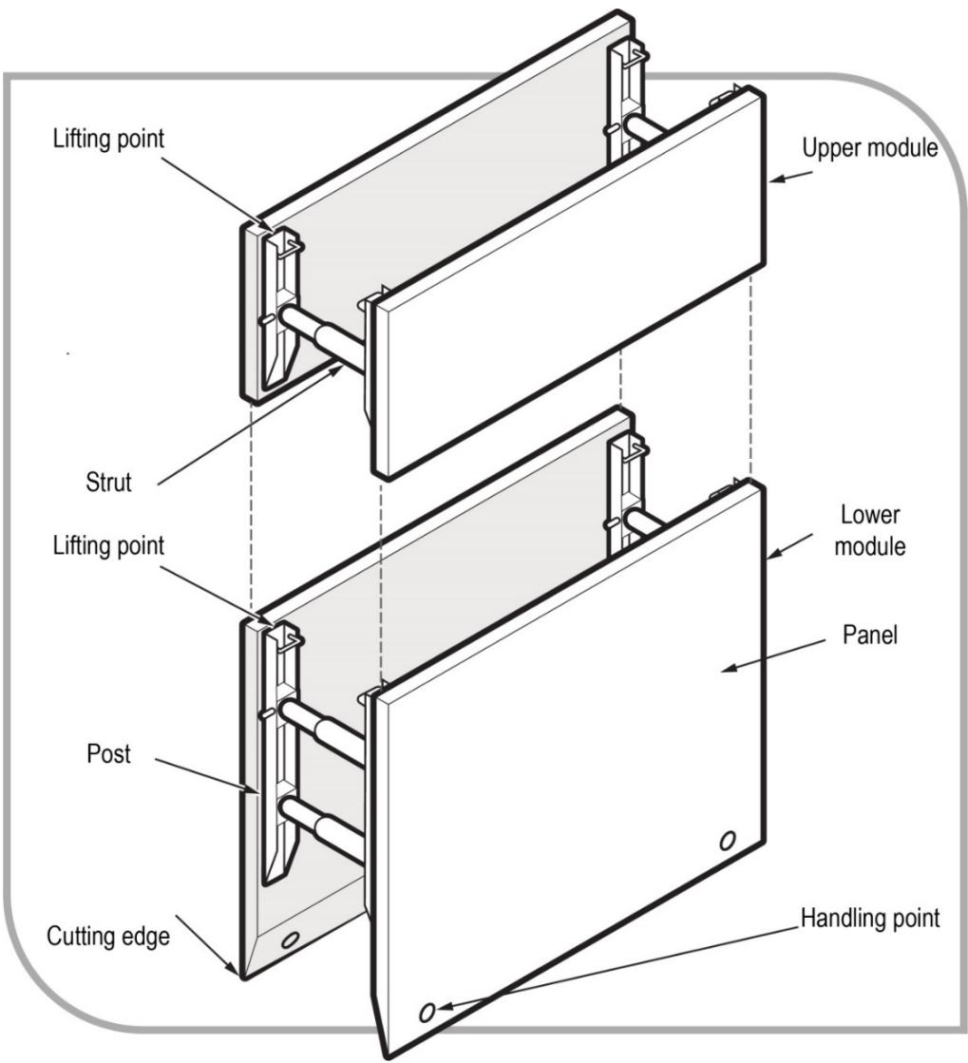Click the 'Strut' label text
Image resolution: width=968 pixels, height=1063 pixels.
coord(104,483)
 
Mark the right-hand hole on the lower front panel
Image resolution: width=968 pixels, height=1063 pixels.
coord(727,840)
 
